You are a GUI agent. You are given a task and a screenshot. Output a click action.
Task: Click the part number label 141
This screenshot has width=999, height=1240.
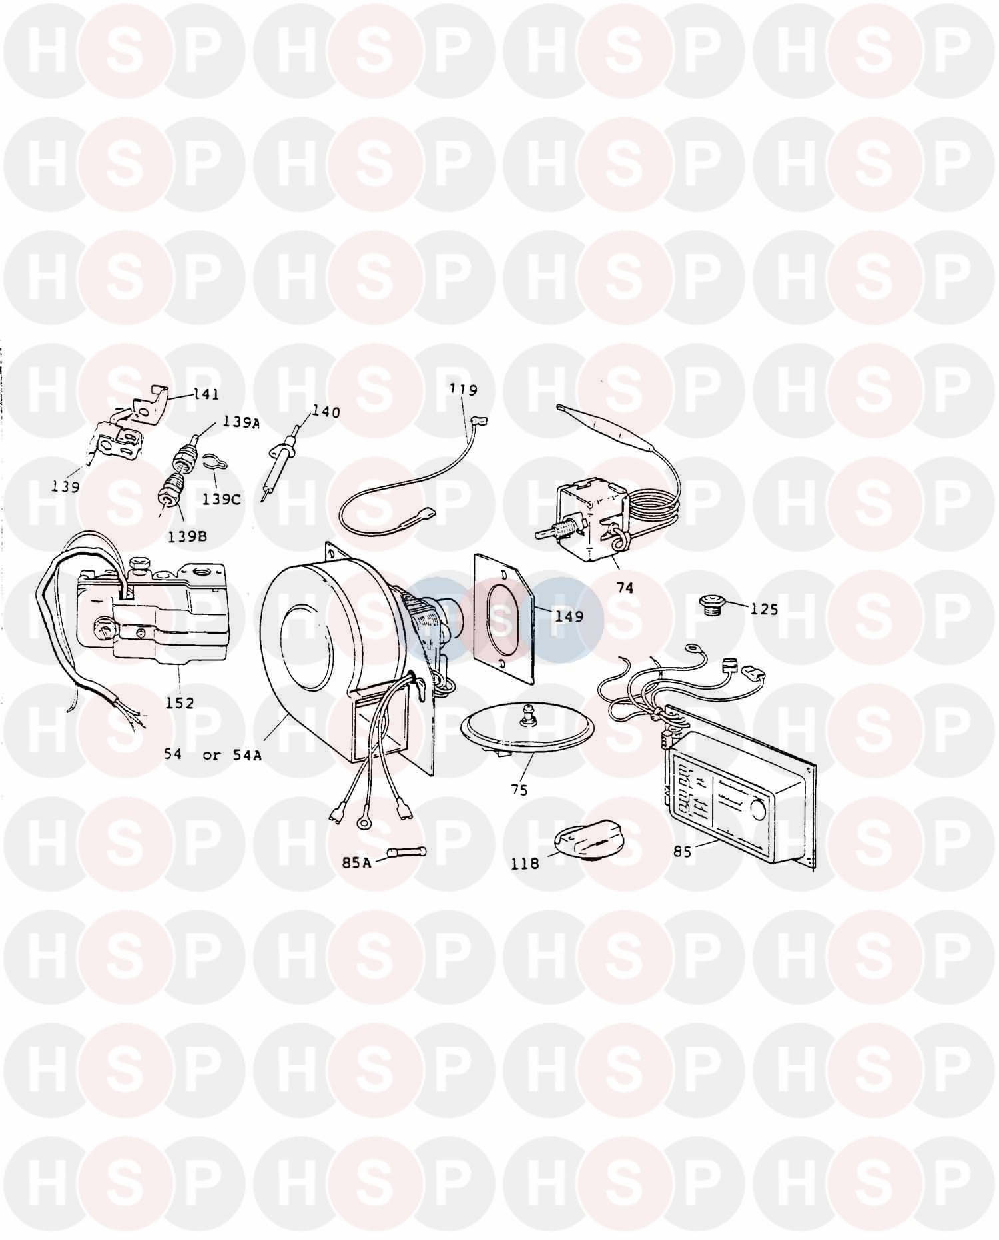coord(206,394)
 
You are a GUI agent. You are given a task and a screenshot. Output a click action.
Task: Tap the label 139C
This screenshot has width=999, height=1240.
coord(221,499)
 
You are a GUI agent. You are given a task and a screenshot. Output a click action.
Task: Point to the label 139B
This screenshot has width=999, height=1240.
coord(188,536)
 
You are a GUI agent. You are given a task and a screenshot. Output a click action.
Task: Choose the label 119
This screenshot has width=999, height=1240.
coord(464,390)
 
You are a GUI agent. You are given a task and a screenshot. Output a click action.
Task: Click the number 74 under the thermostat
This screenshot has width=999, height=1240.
coord(625,587)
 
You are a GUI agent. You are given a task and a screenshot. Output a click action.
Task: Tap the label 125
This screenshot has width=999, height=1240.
coord(764,608)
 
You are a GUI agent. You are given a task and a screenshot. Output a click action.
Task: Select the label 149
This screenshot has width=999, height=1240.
coord(569,616)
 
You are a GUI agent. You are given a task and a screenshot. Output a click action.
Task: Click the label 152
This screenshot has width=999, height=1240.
coord(180,702)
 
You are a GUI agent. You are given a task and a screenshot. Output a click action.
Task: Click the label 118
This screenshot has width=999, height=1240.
coord(525,863)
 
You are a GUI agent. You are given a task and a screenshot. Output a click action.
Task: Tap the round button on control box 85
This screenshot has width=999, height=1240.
coord(758,810)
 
